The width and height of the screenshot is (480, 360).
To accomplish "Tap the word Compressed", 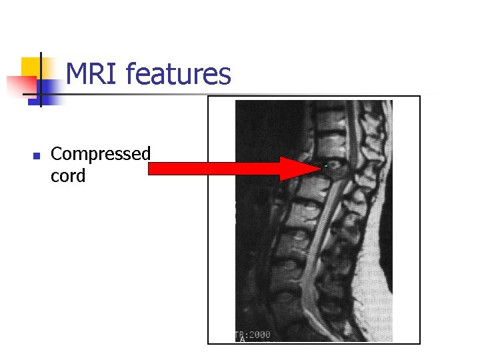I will (101, 154).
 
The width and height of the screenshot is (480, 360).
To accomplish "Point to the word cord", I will (68, 177).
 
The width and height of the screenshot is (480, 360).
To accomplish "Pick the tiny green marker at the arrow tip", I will (325, 165).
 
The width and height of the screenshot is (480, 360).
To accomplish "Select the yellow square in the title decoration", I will (32, 67).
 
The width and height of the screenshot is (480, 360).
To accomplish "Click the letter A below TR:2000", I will (243, 340).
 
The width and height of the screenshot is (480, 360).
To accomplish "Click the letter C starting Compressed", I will (57, 154).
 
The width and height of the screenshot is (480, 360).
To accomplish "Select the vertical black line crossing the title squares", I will (41, 80).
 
